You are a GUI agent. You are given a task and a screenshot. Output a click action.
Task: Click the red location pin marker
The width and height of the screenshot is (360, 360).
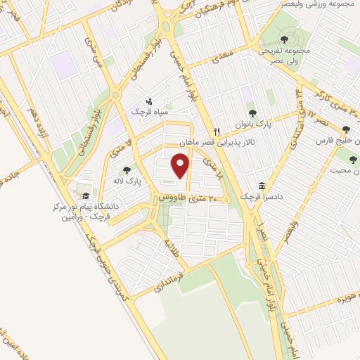click(x=181, y=166)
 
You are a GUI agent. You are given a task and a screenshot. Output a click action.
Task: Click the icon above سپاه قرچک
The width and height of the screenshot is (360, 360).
click(x=148, y=101)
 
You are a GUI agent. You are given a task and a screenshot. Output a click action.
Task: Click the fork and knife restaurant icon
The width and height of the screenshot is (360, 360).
click(x=218, y=131)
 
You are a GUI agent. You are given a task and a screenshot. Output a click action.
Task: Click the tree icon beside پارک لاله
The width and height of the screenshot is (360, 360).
click(x=127, y=169)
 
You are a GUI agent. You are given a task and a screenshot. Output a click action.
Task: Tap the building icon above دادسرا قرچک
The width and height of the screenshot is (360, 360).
click(x=262, y=186)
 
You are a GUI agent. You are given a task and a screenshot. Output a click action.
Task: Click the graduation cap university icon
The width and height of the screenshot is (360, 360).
click(x=86, y=196)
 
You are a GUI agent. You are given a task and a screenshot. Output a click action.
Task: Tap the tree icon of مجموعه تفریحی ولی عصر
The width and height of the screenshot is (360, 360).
click(x=285, y=39)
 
